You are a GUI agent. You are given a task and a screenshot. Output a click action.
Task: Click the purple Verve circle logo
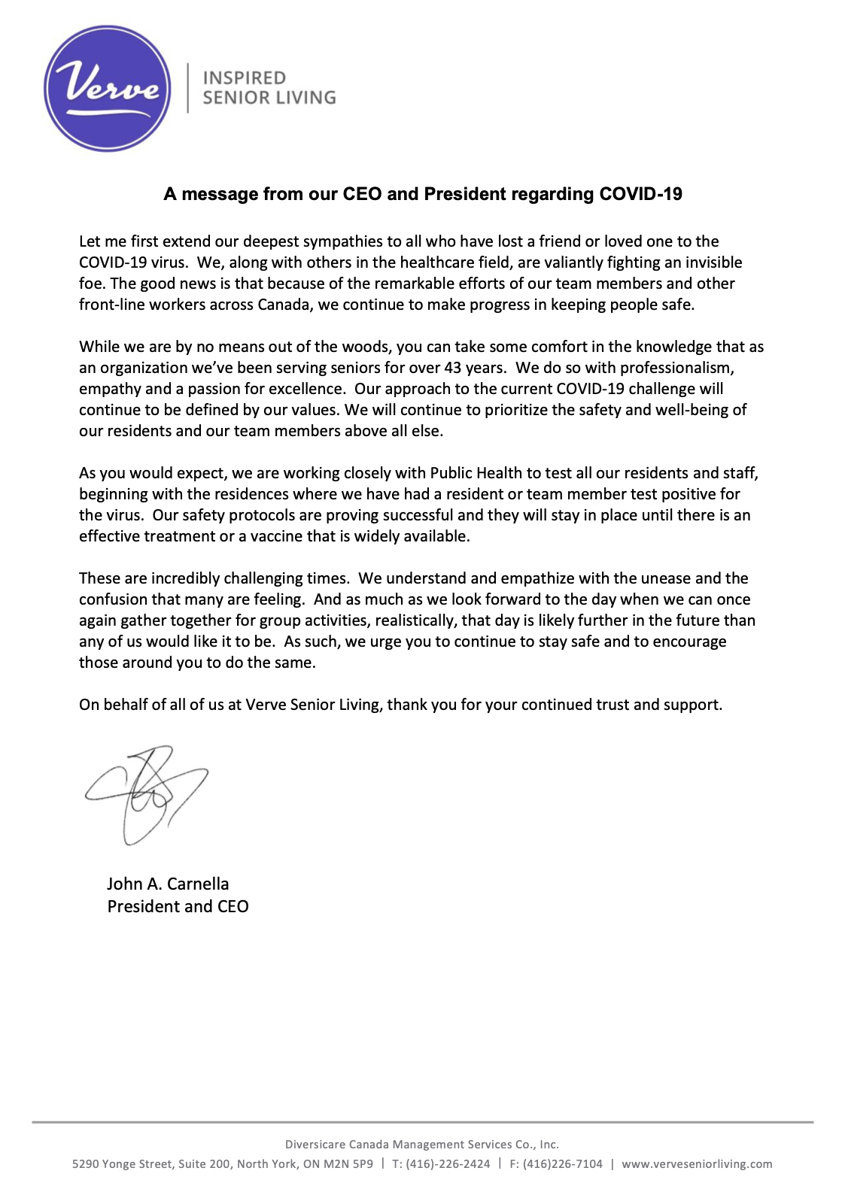(x=108, y=88)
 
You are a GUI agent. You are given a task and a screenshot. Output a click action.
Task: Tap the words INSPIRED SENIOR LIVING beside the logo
(x=269, y=88)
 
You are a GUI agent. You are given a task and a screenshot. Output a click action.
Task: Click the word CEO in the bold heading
(x=363, y=194)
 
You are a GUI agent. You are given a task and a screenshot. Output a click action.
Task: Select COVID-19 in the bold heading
(x=640, y=194)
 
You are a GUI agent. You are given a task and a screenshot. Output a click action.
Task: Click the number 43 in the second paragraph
(x=454, y=368)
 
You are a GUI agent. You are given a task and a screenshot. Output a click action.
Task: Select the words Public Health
(x=476, y=473)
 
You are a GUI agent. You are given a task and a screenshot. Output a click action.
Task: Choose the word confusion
(x=112, y=599)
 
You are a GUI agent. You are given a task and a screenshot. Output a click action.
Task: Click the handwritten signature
(x=147, y=793)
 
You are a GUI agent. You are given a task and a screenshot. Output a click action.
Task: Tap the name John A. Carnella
(x=168, y=884)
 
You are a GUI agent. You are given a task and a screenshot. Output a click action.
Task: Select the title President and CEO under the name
(x=178, y=906)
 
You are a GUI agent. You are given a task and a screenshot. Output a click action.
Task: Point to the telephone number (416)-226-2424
(x=448, y=1163)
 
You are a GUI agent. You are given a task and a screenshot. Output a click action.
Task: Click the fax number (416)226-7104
(x=562, y=1163)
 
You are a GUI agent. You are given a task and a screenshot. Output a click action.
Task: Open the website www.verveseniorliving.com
(x=697, y=1163)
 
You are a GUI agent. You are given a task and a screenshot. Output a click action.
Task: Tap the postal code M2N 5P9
(x=348, y=1163)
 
